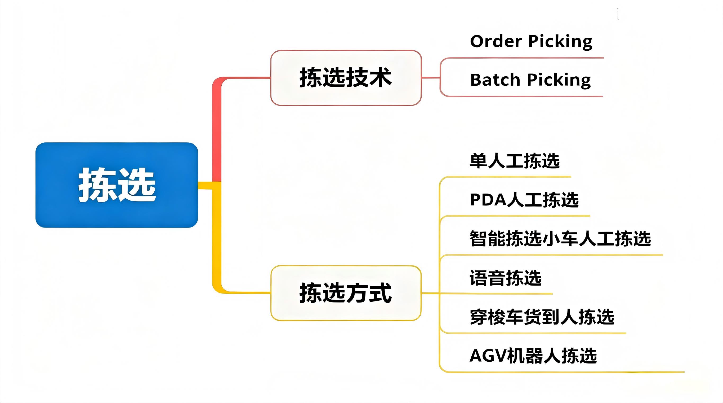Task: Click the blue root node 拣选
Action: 117,185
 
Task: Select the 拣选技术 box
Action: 346,78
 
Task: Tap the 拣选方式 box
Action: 346,293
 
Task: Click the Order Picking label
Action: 531,42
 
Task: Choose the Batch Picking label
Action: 530,80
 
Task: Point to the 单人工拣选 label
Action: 515,161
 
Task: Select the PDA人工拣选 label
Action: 524,200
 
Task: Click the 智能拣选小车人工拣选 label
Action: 560,239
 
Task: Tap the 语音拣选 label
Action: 505,278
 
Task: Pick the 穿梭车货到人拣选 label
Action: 542,317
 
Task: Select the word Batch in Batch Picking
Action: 495,80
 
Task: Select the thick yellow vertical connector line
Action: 216,239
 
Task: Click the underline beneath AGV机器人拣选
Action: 561,372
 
